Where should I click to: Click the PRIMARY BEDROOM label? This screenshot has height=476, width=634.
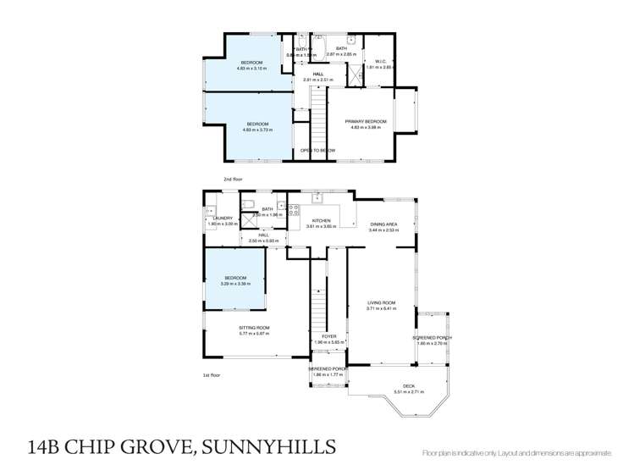(366, 122)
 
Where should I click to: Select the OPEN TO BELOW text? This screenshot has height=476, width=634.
(317, 150)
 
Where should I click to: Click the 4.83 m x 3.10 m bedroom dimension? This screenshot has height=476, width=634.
(251, 69)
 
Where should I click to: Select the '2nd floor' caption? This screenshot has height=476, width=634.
(233, 180)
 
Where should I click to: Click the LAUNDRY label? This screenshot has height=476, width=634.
(222, 219)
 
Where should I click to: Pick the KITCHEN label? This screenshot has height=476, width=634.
(321, 219)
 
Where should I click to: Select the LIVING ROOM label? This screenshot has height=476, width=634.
(381, 302)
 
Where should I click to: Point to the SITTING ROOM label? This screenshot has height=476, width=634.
(253, 327)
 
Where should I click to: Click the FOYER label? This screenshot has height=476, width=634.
(329, 336)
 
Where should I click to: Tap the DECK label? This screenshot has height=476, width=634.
(409, 387)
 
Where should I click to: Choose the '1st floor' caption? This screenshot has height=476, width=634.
(212, 374)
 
